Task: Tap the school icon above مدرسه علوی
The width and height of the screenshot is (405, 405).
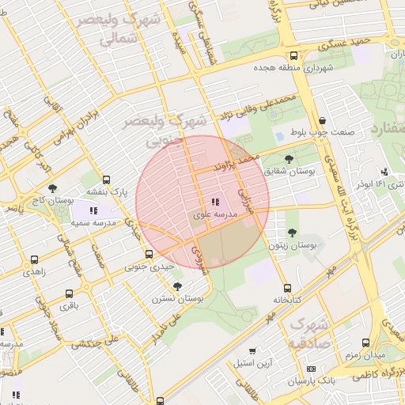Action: (x=216, y=202)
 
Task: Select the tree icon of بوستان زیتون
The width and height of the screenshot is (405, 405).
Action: (x=293, y=233)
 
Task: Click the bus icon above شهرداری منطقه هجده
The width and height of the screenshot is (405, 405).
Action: (x=294, y=56)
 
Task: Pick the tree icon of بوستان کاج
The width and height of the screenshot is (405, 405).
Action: (x=52, y=188)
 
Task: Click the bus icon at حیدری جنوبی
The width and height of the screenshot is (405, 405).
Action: (x=150, y=254)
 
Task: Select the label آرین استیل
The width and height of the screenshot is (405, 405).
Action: (x=253, y=363)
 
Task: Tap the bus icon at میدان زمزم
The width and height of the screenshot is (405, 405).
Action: (x=365, y=343)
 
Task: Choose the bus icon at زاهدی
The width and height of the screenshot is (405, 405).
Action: (x=34, y=259)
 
